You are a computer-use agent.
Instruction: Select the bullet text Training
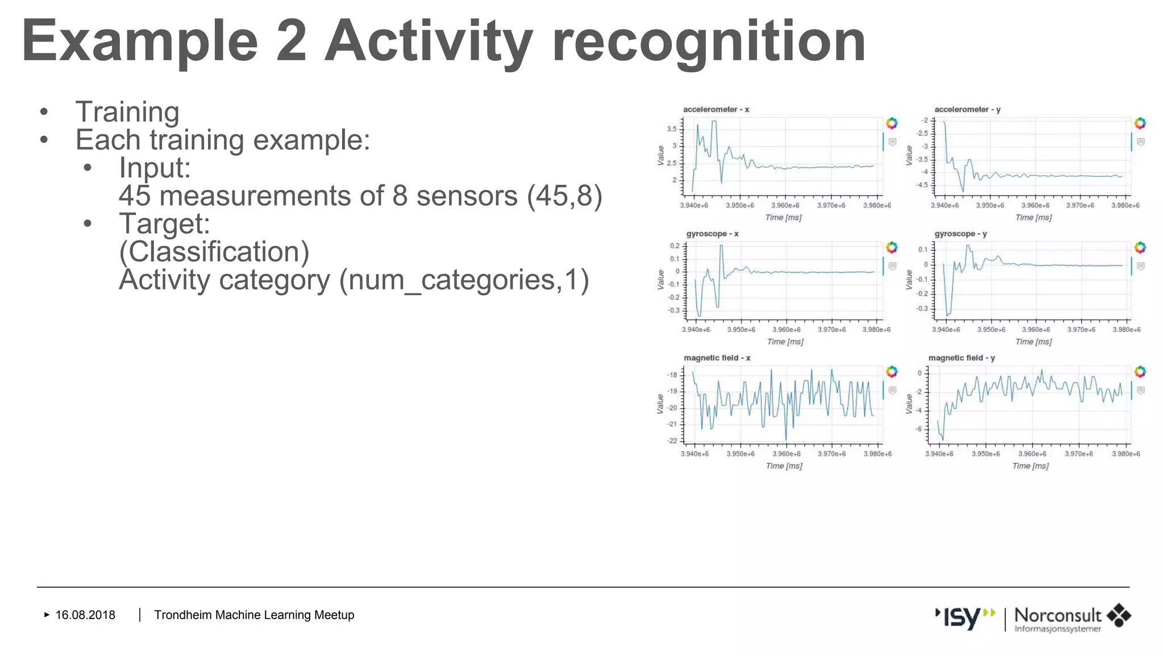coord(127,112)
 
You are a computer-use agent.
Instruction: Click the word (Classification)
coord(214,252)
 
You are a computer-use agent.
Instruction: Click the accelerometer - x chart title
coord(716,109)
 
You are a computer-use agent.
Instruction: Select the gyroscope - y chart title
coord(961,234)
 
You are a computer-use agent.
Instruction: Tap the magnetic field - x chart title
coord(717,358)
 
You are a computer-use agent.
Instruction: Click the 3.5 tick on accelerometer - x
coord(672,129)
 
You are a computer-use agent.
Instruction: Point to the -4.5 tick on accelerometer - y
coord(922,185)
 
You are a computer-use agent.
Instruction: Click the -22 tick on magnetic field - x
coord(672,441)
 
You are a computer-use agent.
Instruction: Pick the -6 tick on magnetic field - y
coord(919,429)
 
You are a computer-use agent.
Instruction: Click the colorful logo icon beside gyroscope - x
coord(892,247)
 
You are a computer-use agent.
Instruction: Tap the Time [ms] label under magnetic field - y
coord(1030,466)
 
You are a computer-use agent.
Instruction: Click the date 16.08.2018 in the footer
coord(85,615)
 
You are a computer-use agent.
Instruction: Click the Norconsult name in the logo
coord(1057,615)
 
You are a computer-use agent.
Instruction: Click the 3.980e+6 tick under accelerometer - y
coord(1125,205)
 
